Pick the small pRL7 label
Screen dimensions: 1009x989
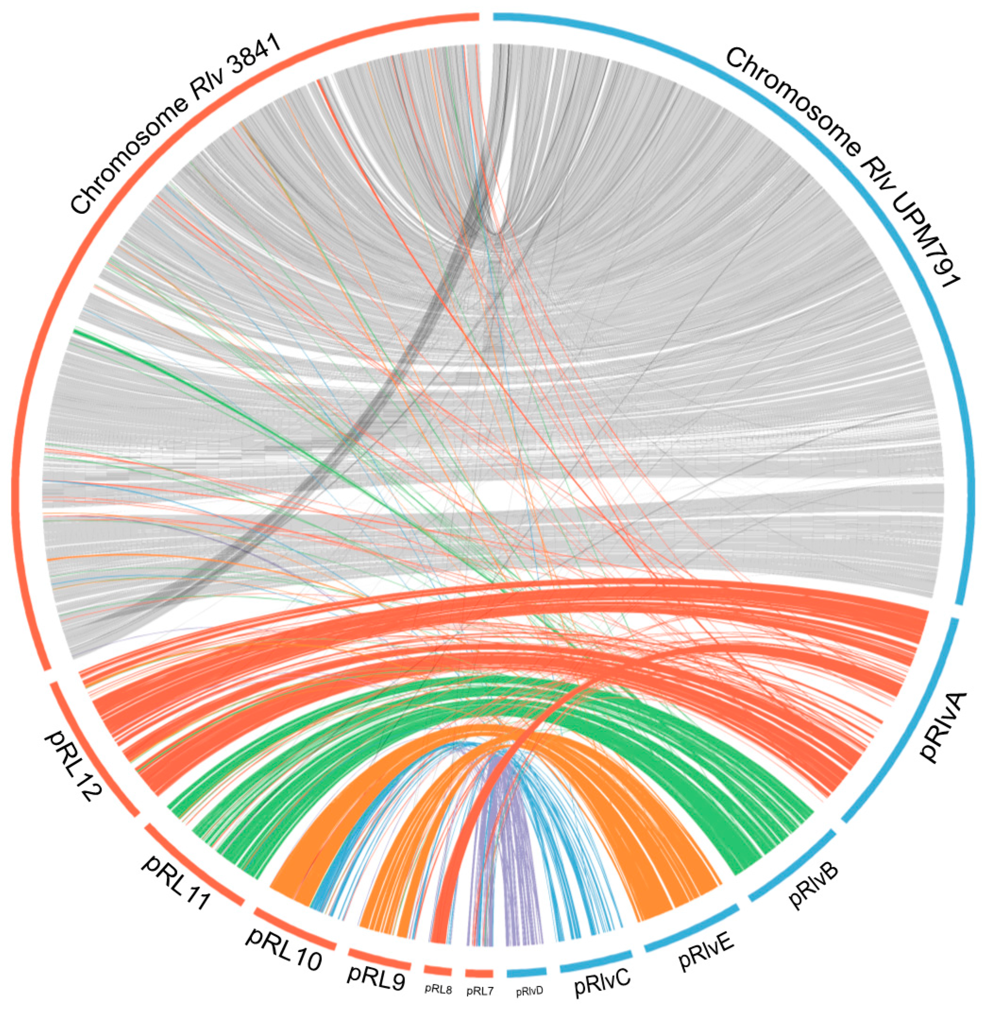[480, 991]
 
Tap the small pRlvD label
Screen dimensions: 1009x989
[529, 991]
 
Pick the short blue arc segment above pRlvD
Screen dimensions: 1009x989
[527, 972]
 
